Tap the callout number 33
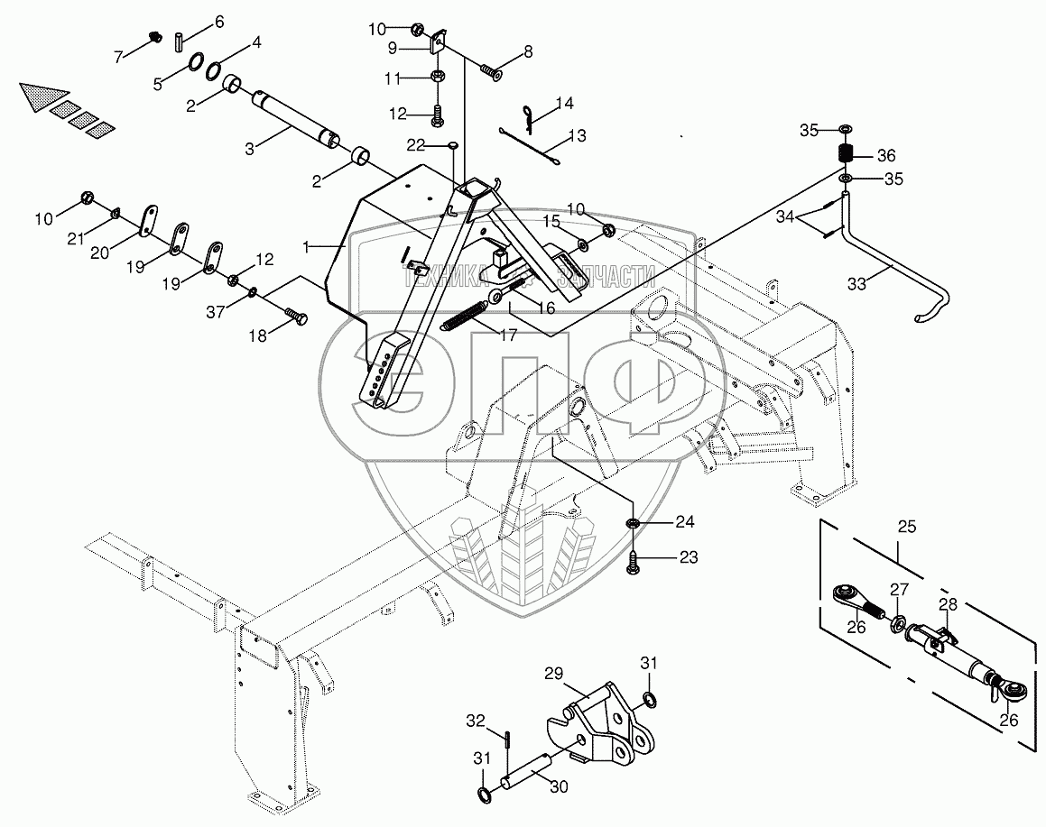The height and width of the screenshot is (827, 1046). point(856,283)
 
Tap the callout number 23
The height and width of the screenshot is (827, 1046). point(688,557)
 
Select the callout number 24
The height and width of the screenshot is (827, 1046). point(686,521)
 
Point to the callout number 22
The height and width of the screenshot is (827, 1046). point(414,145)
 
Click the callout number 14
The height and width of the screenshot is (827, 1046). point(565,104)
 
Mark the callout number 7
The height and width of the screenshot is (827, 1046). point(118,56)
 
